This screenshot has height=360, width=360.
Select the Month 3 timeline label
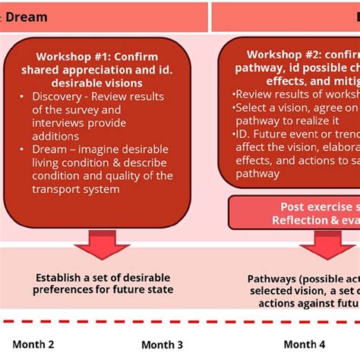point(162,344)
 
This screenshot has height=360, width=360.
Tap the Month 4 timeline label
point(305,343)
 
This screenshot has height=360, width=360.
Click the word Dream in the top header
point(26,17)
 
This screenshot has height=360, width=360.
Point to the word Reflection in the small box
point(302,219)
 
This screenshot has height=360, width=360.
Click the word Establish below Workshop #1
point(63,277)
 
